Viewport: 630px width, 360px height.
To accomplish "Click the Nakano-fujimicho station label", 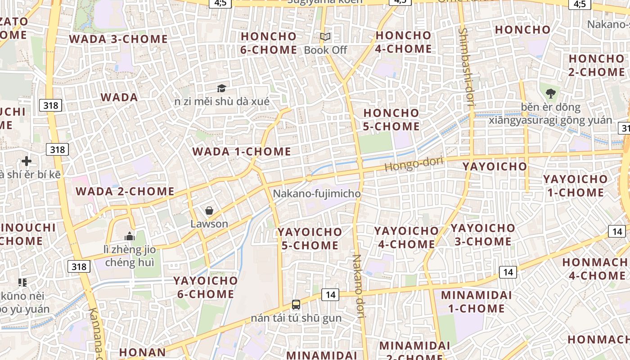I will pos(317,194).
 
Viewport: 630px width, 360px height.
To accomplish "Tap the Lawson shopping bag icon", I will pos(209,211).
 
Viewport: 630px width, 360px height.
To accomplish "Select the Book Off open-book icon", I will pos(325,37).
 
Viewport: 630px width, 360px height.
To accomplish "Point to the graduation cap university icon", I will pos(221,88).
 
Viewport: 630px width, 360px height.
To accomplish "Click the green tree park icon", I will pos(550,94).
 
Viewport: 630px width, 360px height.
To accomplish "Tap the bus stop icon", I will pos(296,305).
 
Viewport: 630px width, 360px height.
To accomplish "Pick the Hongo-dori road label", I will pos(414,163).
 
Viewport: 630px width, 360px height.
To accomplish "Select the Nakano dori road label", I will pos(359,286).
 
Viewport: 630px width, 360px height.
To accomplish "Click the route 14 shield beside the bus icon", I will pos(330,295).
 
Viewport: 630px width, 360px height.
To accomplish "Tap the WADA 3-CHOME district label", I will pos(118,39).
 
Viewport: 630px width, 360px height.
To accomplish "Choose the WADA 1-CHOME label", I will pos(242,152).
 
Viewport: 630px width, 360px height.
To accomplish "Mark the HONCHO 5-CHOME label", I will pos(391,120).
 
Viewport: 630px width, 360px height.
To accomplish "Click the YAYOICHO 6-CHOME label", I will pos(205,288).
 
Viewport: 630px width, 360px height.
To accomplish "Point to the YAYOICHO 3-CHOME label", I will pos(483,234).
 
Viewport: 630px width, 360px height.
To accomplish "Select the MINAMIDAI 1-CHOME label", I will pos(476,302).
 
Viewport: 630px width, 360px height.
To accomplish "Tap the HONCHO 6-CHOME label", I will pos(269,43).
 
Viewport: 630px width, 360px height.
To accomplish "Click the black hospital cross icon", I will pos(27,161).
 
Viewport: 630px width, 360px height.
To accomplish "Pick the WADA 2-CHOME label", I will pos(125,192).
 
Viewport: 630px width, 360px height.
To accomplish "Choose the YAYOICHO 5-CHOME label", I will pos(310,238).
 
